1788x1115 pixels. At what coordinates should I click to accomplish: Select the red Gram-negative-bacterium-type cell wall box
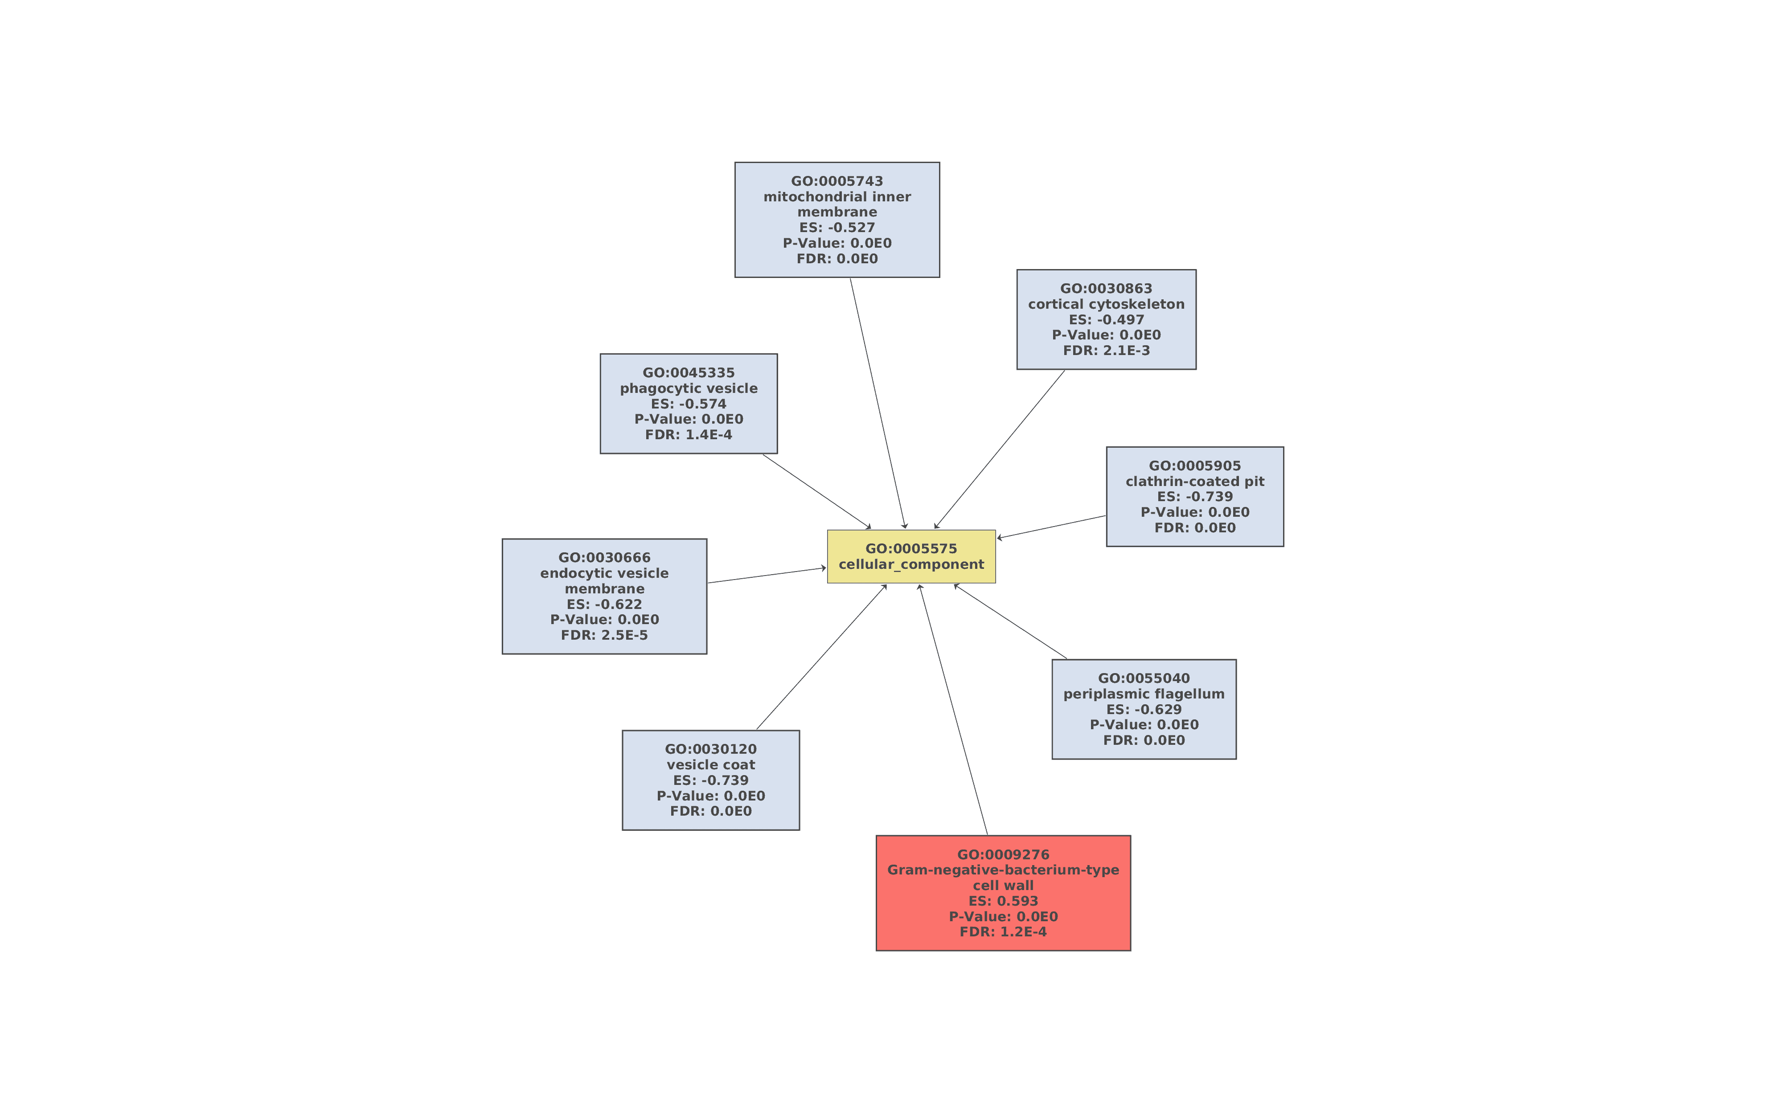point(1003,893)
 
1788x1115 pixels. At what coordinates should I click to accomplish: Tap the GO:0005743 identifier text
point(837,181)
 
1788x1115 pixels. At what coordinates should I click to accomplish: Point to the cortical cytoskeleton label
point(1107,304)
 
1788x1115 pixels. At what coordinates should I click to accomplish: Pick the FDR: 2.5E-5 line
point(604,635)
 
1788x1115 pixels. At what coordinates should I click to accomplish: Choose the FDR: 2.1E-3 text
point(1107,350)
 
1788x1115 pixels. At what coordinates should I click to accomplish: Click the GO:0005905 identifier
point(1195,466)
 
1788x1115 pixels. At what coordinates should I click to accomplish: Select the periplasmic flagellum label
point(1144,694)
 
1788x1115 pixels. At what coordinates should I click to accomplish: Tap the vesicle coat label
point(711,765)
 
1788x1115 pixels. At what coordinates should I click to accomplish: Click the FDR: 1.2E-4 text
point(1003,932)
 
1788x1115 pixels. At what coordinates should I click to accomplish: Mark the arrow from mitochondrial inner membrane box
point(878,404)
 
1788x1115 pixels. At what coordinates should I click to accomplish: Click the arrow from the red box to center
point(953,710)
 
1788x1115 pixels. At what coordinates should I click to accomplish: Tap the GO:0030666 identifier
point(604,558)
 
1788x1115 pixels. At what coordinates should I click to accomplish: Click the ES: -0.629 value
point(1144,710)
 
